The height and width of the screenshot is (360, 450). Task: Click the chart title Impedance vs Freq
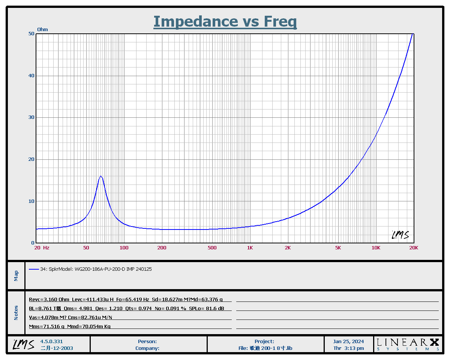pos(225,22)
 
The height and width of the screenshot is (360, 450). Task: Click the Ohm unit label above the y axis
pos(42,30)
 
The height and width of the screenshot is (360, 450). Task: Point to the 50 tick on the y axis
pos(31,34)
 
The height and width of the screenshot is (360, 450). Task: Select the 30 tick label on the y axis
pos(31,117)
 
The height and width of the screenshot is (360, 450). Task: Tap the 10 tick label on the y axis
pos(31,201)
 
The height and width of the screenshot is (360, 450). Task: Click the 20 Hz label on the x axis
pos(42,247)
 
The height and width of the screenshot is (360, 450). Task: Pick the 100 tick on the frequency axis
pos(124,247)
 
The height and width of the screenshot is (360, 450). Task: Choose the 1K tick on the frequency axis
pos(250,247)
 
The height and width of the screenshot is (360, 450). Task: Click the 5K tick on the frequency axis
pos(338,247)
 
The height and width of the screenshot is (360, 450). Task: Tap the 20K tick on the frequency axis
pos(414,247)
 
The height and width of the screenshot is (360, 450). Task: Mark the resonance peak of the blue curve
pos(100,176)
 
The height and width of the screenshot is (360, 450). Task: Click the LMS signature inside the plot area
pos(400,235)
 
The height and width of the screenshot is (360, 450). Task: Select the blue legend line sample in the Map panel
pos(34,269)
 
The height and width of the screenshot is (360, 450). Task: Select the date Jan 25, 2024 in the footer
pos(348,341)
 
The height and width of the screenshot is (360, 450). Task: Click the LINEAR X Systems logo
pos(408,343)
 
